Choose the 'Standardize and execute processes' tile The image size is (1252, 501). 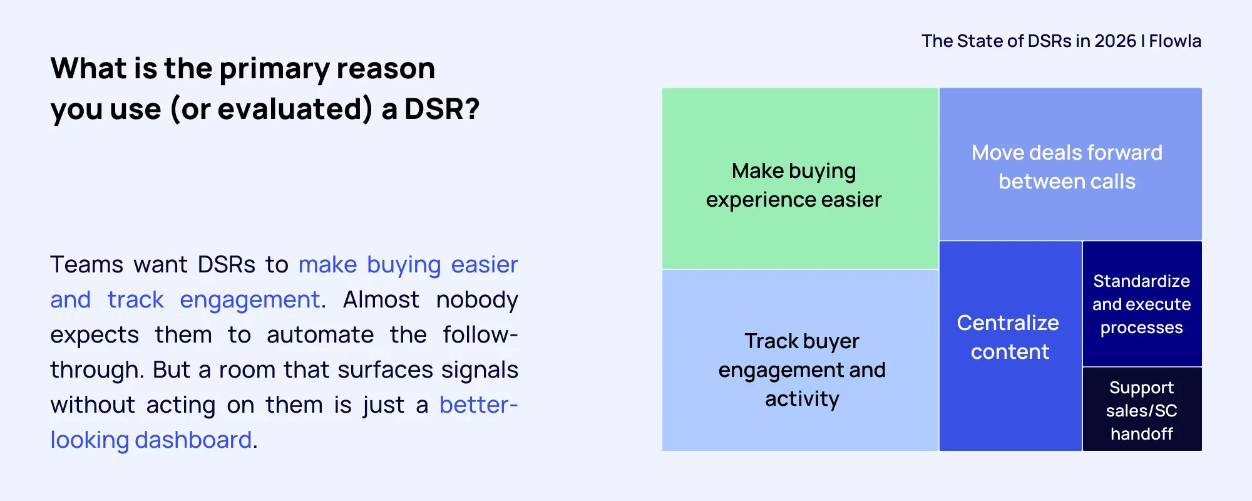(1142, 304)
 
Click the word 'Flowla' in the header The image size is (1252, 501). (1175, 41)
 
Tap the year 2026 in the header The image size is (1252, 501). (1115, 41)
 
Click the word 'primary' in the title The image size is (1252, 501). (274, 69)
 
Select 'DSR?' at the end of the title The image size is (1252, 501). (441, 109)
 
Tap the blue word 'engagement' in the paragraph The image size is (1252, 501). (250, 300)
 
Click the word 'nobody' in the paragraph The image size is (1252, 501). (477, 300)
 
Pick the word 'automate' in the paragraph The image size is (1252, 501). (320, 335)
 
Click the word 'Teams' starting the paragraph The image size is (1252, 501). (86, 265)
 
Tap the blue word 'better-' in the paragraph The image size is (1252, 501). (478, 405)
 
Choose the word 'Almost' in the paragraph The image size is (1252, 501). (381, 300)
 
